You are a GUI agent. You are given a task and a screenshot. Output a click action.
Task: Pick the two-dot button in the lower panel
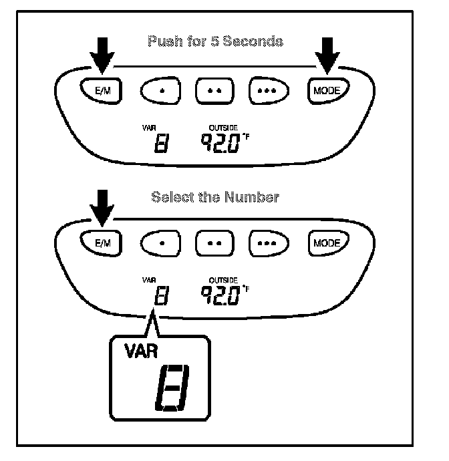[213, 243]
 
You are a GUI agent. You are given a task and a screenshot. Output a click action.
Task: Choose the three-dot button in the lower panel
[269, 243]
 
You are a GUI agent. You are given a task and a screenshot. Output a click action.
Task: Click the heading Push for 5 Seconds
[215, 41]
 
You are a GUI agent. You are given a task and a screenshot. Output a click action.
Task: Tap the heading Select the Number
[215, 198]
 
